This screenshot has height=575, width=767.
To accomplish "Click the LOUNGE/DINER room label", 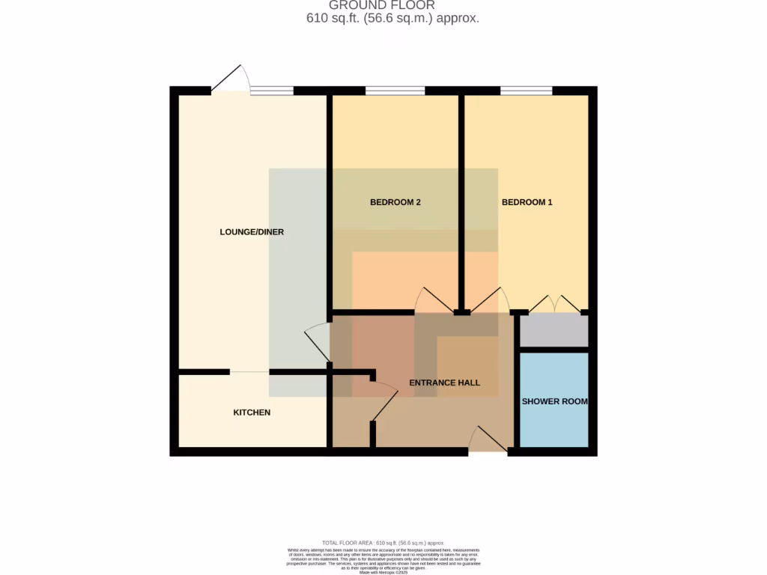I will click(x=252, y=232).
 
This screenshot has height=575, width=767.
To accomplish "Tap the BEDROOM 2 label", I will click(x=395, y=202).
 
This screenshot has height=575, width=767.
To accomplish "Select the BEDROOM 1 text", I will click(x=527, y=202).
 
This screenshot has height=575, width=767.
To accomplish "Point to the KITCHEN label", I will click(x=252, y=413).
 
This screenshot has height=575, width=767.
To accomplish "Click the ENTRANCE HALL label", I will click(x=444, y=383).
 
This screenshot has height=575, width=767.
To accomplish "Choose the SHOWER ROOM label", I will click(x=554, y=401).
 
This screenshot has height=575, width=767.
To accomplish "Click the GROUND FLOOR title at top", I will click(x=382, y=5).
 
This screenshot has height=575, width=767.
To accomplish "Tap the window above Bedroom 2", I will click(x=395, y=91).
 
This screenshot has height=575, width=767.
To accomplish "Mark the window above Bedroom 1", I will click(x=527, y=91).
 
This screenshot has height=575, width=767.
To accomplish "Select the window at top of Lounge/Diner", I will click(x=271, y=91).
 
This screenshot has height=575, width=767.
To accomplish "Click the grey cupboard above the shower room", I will click(x=554, y=331).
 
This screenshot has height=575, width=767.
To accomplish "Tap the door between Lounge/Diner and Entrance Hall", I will click(x=317, y=341).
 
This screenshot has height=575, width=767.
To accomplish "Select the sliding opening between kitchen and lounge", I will click(x=249, y=372).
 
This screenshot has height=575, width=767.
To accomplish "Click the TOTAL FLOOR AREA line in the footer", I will click(x=383, y=543).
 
